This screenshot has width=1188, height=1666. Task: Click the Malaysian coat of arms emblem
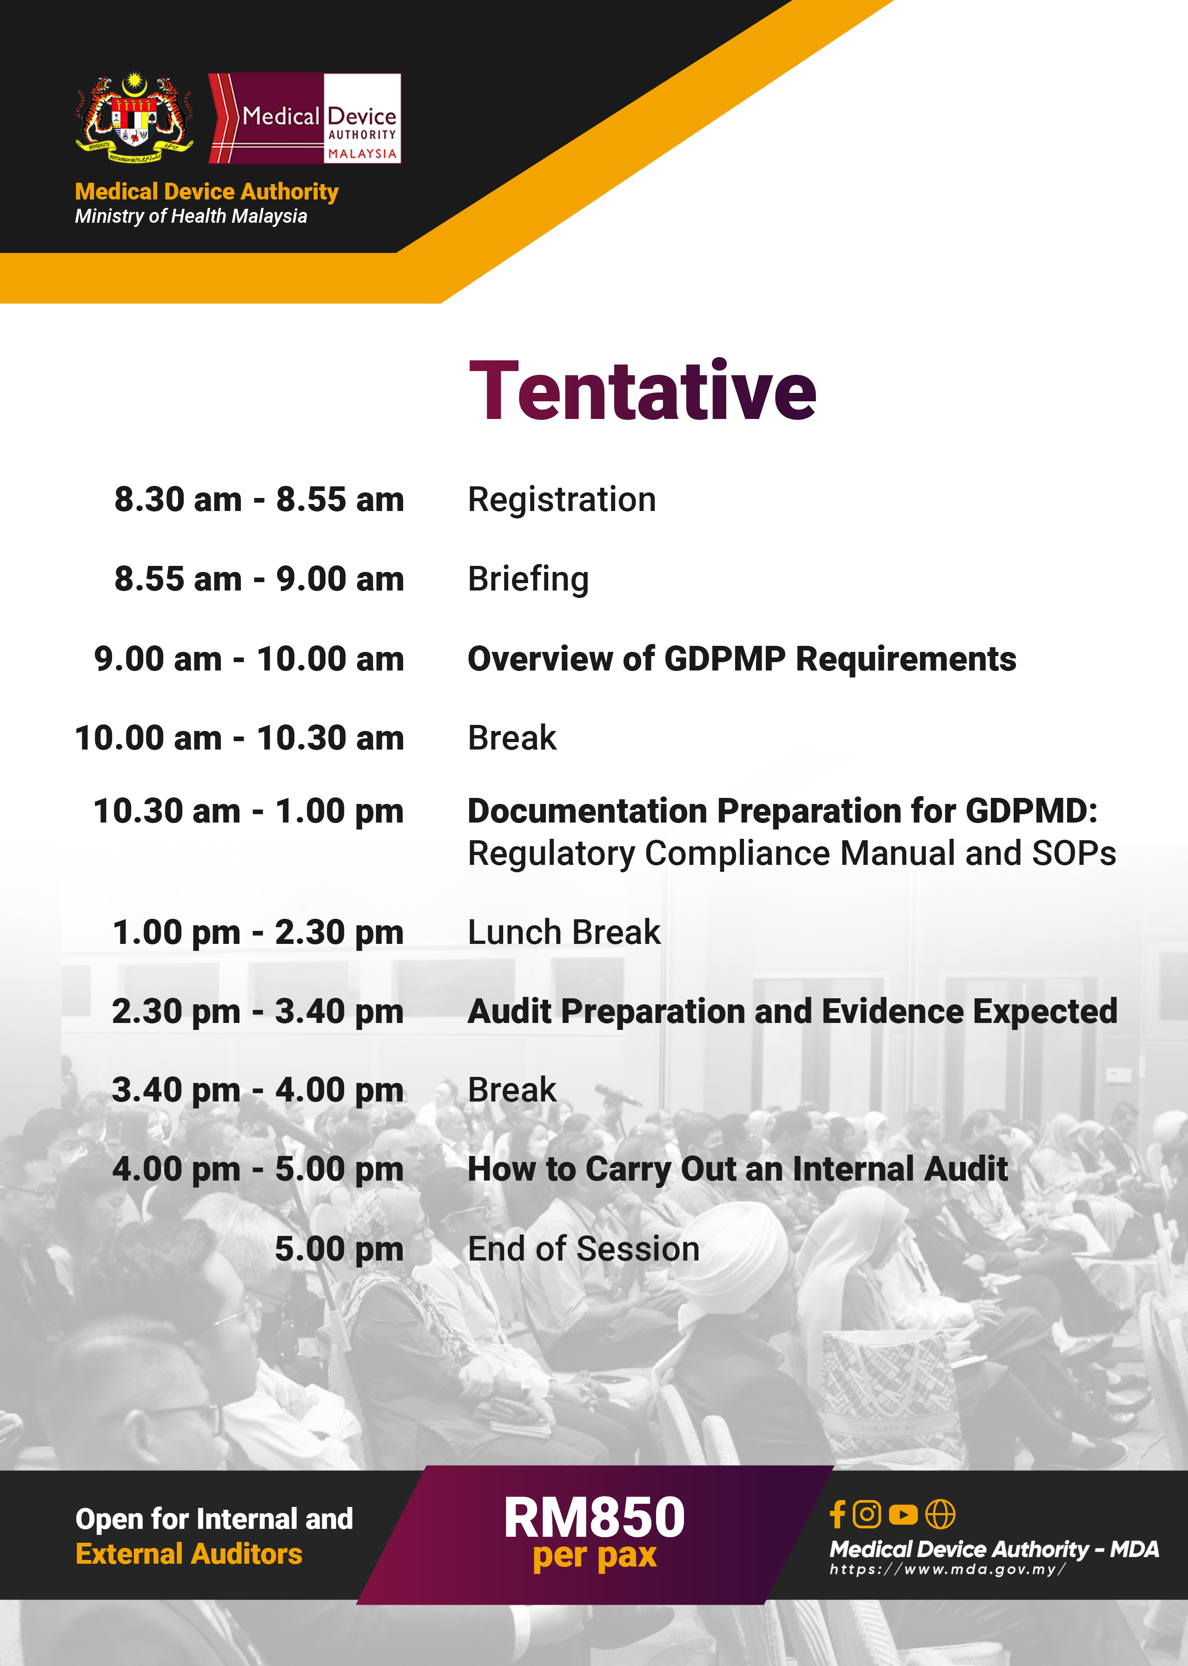[134, 117]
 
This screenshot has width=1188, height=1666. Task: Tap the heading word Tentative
[642, 391]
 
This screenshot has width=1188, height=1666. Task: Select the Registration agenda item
[562, 499]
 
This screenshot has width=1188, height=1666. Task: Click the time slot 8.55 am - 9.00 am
[259, 578]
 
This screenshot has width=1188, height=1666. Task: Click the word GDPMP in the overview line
[724, 658]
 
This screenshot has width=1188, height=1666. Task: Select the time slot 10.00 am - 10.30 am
[239, 737]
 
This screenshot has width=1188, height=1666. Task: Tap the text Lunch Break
[563, 932]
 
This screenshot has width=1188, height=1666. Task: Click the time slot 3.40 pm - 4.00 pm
[258, 1090]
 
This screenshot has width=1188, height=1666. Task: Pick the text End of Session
[583, 1248]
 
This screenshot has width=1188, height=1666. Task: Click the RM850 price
[594, 1518]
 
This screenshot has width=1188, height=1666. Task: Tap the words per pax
[594, 1555]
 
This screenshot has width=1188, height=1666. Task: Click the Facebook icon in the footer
[837, 1514]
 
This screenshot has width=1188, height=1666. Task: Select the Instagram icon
[867, 1514]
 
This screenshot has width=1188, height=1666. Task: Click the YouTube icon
[903, 1514]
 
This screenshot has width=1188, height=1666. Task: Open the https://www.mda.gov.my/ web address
[947, 1569]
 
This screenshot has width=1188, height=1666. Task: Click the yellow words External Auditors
[189, 1554]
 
